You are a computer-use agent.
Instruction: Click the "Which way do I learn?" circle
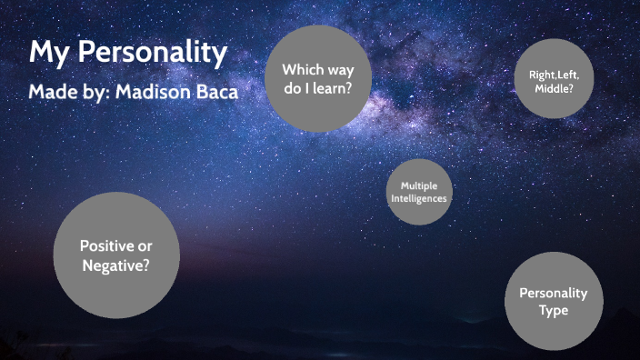(x=316, y=78)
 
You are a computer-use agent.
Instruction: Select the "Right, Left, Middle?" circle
(x=554, y=78)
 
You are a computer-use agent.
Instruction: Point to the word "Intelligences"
(x=418, y=197)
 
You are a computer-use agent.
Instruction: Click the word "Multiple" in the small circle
(x=418, y=185)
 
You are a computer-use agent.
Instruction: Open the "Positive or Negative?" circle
(x=115, y=255)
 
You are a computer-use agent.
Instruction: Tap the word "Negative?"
(x=115, y=265)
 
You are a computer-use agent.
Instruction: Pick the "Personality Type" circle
(x=553, y=301)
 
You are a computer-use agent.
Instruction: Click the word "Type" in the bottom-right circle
(x=553, y=310)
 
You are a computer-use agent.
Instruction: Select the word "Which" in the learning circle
(x=299, y=69)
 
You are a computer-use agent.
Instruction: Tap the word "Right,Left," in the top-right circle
(x=554, y=76)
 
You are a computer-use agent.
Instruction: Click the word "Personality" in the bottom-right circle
(x=553, y=293)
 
